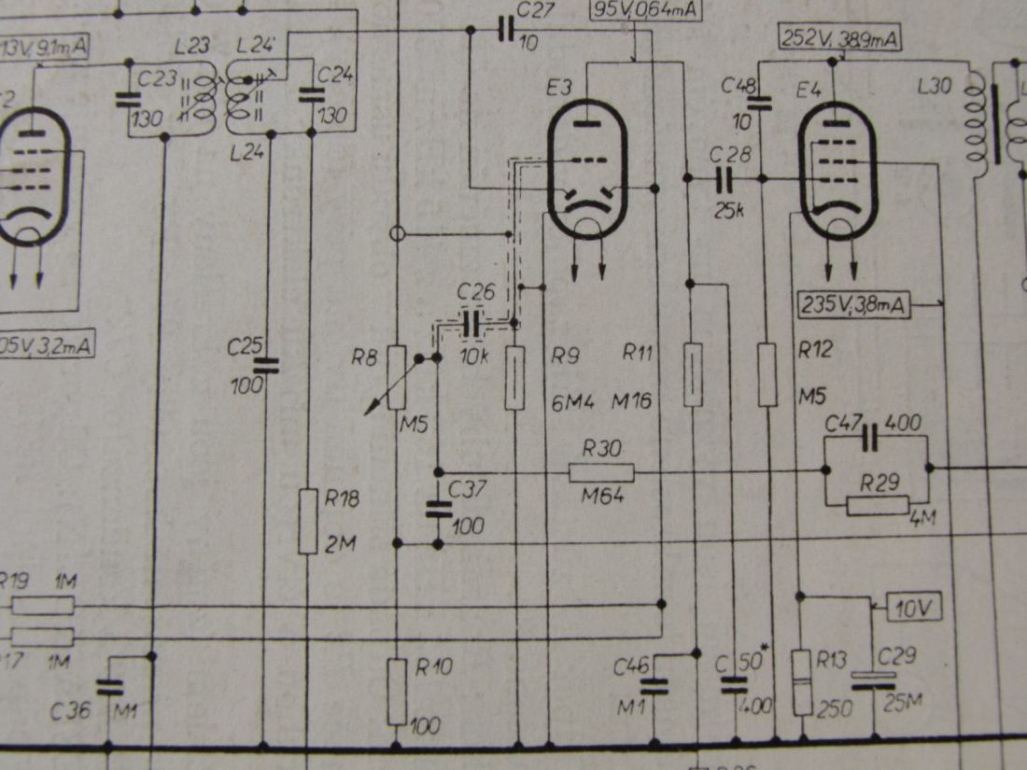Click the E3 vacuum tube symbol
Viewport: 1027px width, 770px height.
[x=586, y=172]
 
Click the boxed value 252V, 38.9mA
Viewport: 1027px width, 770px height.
[x=838, y=38]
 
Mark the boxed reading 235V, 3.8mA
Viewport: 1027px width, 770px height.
[x=854, y=303]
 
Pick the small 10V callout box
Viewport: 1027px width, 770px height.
[x=915, y=607]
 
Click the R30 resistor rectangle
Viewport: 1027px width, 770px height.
[x=601, y=471]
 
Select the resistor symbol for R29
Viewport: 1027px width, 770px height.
[x=878, y=506]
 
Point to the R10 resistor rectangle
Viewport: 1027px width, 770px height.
[x=398, y=691]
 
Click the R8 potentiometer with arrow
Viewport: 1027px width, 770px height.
[x=396, y=378]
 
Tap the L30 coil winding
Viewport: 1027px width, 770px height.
[x=977, y=121]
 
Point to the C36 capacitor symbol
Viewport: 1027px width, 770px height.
[x=109, y=688]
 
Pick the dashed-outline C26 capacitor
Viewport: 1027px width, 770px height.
[x=476, y=323]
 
